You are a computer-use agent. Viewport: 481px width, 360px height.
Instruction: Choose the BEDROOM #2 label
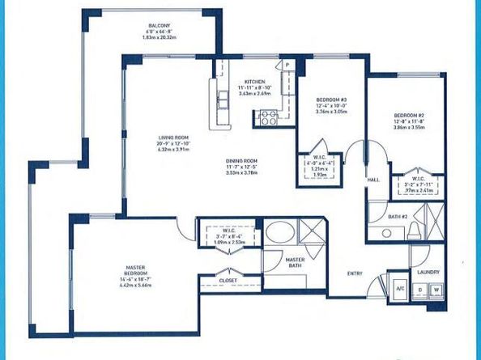pyautogui.click(x=404, y=115)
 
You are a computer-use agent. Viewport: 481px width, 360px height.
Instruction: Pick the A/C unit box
pyautogui.click(x=399, y=289)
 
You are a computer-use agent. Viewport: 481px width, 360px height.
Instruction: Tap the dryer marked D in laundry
pyautogui.click(x=420, y=289)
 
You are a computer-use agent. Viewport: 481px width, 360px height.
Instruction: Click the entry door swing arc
pyautogui.click(x=374, y=283)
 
